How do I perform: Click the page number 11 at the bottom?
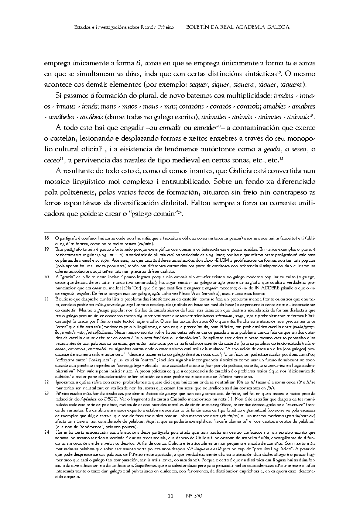pos(170,496)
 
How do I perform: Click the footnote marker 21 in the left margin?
pos(47,297)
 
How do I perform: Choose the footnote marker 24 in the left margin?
pos(47,432)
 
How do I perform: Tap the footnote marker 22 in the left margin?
pos(47,382)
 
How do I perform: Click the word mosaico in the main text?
pos(57,192)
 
